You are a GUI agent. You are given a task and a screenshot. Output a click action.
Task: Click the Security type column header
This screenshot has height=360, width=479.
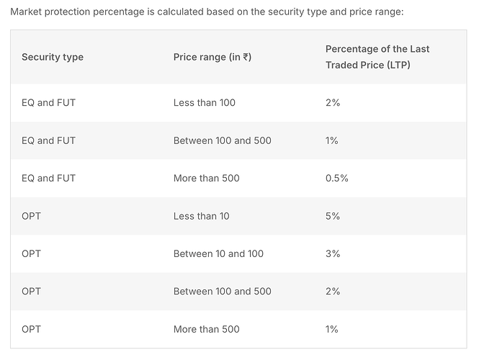(x=53, y=57)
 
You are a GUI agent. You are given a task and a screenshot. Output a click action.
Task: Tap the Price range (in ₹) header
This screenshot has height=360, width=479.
(x=212, y=57)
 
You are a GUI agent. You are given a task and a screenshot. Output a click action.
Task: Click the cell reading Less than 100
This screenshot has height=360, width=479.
(x=205, y=103)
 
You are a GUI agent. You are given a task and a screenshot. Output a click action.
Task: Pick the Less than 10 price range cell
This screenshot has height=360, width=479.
(x=202, y=216)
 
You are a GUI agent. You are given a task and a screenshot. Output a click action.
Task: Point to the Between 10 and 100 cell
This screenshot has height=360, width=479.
(x=218, y=253)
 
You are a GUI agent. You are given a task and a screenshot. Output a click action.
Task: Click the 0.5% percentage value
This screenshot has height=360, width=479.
(x=337, y=178)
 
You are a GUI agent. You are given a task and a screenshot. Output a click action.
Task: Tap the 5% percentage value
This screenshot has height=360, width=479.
(x=333, y=216)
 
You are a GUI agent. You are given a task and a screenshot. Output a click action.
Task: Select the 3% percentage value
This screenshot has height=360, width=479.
(x=333, y=253)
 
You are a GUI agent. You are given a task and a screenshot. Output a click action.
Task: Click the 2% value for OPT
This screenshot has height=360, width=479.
(x=333, y=292)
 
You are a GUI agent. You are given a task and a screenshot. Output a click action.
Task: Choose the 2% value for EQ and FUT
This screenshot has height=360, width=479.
(x=333, y=103)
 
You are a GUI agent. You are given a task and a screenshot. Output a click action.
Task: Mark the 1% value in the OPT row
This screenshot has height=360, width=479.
(x=332, y=329)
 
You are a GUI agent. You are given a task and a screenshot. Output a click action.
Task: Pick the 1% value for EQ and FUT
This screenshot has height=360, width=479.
(x=332, y=140)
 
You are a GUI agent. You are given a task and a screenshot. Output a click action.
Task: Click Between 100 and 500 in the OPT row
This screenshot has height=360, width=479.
(x=223, y=292)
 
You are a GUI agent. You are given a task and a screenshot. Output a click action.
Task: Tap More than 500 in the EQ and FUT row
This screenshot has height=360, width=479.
(x=207, y=178)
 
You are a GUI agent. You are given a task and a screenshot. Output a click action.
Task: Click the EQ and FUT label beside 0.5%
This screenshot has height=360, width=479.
(x=48, y=178)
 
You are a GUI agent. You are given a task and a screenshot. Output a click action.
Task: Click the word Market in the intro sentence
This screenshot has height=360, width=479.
(x=27, y=12)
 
